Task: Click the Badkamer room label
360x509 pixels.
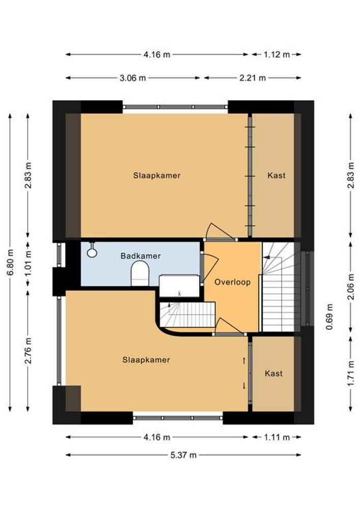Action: pyautogui.click(x=141, y=256)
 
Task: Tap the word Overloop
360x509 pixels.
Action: pyautogui.click(x=232, y=282)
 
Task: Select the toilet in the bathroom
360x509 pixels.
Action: pyautogui.click(x=140, y=274)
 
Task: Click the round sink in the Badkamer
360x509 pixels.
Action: pyautogui.click(x=92, y=251)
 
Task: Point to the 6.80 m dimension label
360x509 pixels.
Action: pyautogui.click(x=10, y=262)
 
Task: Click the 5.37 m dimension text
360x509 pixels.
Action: pyautogui.click(x=183, y=455)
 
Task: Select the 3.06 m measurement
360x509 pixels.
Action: pyautogui.click(x=133, y=78)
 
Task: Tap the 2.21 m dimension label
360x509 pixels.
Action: pyautogui.click(x=253, y=78)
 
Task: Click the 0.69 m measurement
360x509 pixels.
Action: pyautogui.click(x=329, y=317)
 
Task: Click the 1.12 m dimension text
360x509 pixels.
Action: pyautogui.click(x=276, y=54)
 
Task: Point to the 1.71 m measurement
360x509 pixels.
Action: pyautogui.click(x=351, y=374)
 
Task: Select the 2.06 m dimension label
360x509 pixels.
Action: pyautogui.click(x=351, y=287)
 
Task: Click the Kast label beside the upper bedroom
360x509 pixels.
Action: pyautogui.click(x=276, y=175)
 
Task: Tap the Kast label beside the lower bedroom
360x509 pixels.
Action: pyautogui.click(x=273, y=373)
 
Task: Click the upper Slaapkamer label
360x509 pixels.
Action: pyautogui.click(x=157, y=175)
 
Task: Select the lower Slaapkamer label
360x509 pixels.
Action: pyautogui.click(x=146, y=360)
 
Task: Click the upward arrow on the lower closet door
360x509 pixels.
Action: pyautogui.click(x=244, y=361)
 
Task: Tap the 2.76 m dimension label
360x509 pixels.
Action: pyautogui.click(x=29, y=351)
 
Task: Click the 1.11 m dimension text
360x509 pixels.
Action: pyautogui.click(x=276, y=437)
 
